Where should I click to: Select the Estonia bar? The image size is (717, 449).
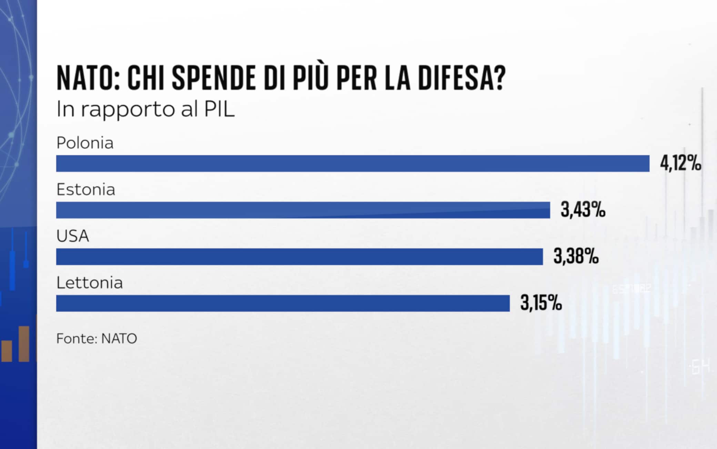(x=303, y=210)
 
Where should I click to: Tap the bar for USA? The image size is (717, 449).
(x=300, y=257)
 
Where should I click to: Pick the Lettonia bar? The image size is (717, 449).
(x=283, y=303)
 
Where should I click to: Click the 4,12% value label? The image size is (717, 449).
(x=680, y=163)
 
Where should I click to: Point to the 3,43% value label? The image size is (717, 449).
(x=583, y=210)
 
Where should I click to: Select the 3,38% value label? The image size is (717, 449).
(x=576, y=256)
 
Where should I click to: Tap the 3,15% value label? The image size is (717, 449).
(x=541, y=303)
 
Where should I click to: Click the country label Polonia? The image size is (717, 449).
(x=85, y=143)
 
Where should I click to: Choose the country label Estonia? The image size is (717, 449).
(x=85, y=189)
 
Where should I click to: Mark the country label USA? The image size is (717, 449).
(x=73, y=236)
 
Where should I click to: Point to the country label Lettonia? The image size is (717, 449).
(x=89, y=283)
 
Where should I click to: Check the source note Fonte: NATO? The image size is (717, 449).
(x=97, y=339)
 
